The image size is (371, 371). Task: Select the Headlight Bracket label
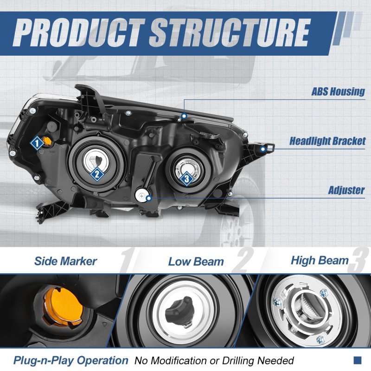coord(327,141)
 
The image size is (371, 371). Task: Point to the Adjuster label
coord(346,190)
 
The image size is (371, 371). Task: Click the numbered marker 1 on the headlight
coord(37,143)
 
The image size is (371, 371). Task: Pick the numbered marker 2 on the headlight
coord(96,174)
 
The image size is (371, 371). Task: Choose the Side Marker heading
coord(65,261)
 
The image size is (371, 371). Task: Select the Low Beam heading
coord(196,262)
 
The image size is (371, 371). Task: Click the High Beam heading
coord(320,260)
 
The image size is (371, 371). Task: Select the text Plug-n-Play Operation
coord(70,360)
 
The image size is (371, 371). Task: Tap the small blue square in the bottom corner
coord(357,360)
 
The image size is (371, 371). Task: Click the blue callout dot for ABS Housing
coord(184,115)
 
